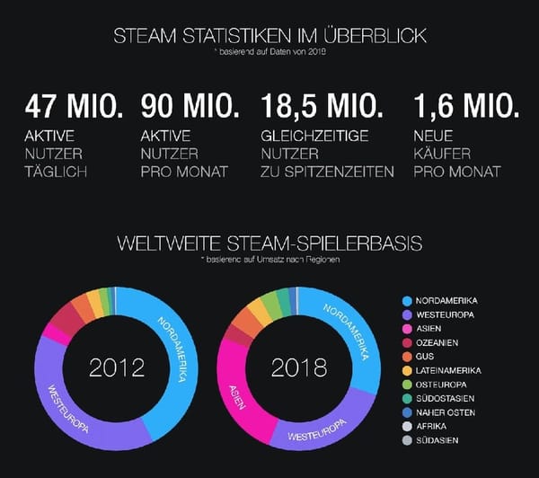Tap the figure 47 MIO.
(74, 107)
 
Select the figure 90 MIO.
(190, 107)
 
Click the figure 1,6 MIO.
(464, 107)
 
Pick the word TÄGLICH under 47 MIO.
(56, 172)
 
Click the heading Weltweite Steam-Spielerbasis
(269, 243)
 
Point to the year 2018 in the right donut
(299, 367)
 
